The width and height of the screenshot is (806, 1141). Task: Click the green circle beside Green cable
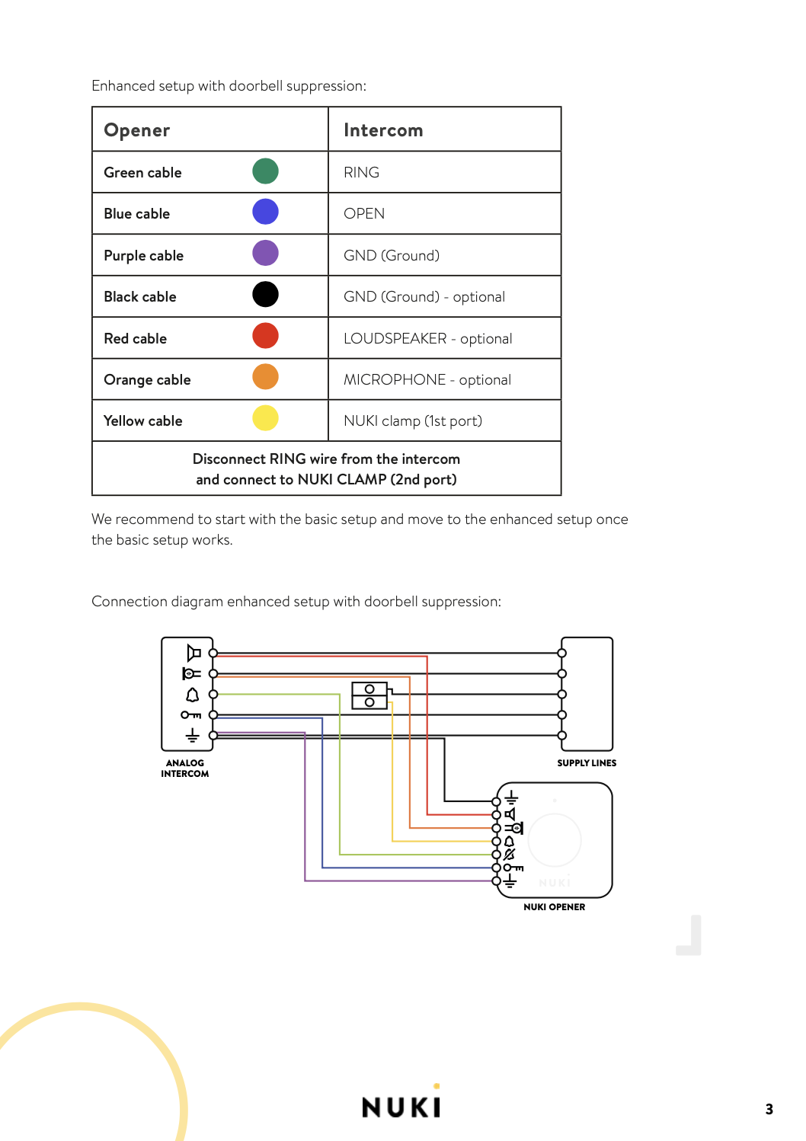point(265,171)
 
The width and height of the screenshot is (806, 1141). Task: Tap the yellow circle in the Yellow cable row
point(265,418)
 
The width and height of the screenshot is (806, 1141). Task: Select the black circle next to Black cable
point(265,295)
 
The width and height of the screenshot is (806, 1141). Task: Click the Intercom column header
point(383,130)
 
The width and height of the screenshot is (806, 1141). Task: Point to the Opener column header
point(136,130)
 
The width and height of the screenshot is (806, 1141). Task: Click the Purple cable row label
point(144,255)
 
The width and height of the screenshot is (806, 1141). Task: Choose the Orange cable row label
point(147,380)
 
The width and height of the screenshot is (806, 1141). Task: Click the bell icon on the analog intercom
point(192,695)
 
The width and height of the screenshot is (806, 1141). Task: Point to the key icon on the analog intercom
point(191,715)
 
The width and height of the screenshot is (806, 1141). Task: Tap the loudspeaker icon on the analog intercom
point(194,653)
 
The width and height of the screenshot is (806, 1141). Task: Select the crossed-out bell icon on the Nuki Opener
point(509,854)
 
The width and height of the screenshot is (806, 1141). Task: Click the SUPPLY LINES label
point(587,763)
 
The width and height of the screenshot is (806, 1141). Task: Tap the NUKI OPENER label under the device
point(555,907)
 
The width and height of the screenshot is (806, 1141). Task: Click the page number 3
point(769,1109)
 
